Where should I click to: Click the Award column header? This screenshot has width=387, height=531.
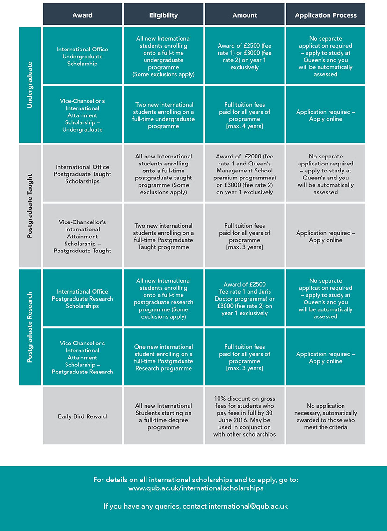pyautogui.click(x=82, y=14)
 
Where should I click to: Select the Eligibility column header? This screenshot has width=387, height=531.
pyautogui.click(x=163, y=14)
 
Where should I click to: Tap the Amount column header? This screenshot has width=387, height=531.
pyautogui.click(x=245, y=14)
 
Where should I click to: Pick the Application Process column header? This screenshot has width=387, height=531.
pyautogui.click(x=326, y=14)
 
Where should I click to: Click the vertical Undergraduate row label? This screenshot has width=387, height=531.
pyautogui.click(x=30, y=85)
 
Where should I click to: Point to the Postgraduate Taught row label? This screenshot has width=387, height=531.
pyautogui.click(x=30, y=206)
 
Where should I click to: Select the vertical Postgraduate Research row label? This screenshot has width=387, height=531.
pyautogui.click(x=30, y=327)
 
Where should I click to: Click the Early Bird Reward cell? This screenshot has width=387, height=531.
pyautogui.click(x=82, y=416)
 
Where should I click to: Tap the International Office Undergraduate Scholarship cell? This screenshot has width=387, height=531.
pyautogui.click(x=82, y=56)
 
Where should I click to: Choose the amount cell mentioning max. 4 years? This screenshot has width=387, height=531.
pyautogui.click(x=245, y=115)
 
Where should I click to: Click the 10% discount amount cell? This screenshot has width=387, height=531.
pyautogui.click(x=245, y=416)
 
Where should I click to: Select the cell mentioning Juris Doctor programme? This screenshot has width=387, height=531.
pyautogui.click(x=245, y=298)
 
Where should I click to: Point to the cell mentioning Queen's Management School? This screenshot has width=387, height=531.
pyautogui.click(x=245, y=173)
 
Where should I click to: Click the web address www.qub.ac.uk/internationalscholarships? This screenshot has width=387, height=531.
pyautogui.click(x=196, y=488)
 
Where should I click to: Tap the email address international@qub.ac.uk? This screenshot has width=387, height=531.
pyautogui.click(x=248, y=506)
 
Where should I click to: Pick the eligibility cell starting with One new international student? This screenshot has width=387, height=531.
pyautogui.click(x=163, y=357)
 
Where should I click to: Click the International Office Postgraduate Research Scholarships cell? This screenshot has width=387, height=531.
pyautogui.click(x=82, y=298)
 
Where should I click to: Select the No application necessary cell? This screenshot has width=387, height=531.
pyautogui.click(x=326, y=416)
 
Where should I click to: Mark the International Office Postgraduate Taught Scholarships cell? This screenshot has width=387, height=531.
pyautogui.click(x=82, y=173)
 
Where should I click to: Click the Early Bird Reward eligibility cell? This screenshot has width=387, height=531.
pyautogui.click(x=163, y=416)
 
